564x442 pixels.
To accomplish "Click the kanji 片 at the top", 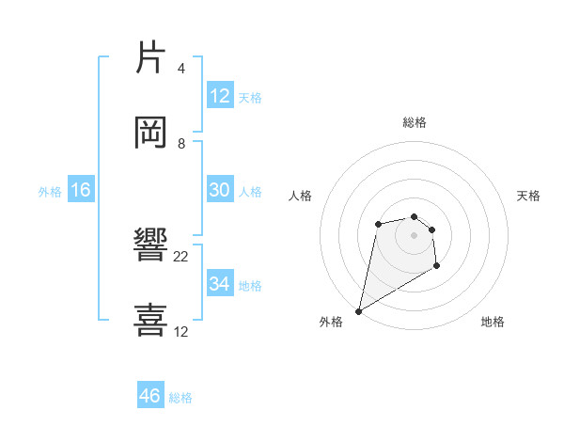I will point(151,57).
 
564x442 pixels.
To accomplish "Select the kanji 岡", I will point(151,133).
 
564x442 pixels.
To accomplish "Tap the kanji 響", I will point(151,245).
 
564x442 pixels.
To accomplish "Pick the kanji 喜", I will point(151,321).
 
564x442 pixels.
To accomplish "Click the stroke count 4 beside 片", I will point(181,68).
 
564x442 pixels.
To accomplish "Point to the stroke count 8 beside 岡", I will point(181,144).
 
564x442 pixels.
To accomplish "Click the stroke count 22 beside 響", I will point(181,256).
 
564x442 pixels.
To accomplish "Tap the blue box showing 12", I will point(219,96).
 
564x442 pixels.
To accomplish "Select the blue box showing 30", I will point(219,190).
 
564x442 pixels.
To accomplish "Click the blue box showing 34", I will point(219,284).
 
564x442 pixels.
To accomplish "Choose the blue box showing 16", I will point(81,190).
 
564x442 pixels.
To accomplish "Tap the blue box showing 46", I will point(150,396).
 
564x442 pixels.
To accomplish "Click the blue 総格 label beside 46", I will point(180,398).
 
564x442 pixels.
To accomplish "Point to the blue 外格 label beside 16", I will point(50,191).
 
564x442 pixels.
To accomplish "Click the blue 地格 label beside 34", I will point(250,285).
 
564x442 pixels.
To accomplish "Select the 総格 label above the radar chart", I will point(414,122).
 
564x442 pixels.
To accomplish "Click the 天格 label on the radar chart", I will point(528,196).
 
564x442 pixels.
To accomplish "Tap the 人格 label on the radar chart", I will point(300,196).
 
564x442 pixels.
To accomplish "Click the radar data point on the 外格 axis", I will point(358,311).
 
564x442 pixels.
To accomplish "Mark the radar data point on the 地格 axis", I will point(436,266).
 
